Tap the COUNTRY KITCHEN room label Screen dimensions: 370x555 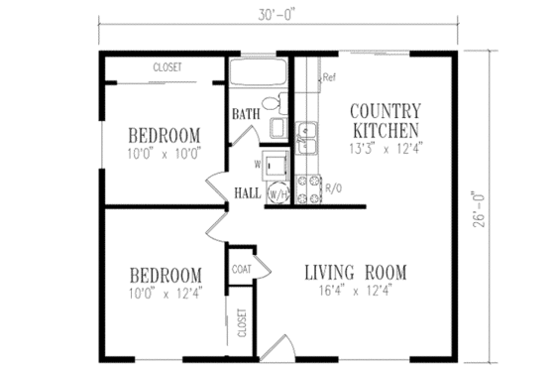pos(386,119)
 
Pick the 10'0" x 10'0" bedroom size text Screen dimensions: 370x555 pos(165,153)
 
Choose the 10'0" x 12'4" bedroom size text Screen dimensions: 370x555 pos(165,292)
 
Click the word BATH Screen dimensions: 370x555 pos(245,114)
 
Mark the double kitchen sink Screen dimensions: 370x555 pos(307,138)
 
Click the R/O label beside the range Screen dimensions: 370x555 pos(334,185)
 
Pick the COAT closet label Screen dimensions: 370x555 pos(241,269)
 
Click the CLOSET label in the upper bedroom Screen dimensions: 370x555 pos(166,67)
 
